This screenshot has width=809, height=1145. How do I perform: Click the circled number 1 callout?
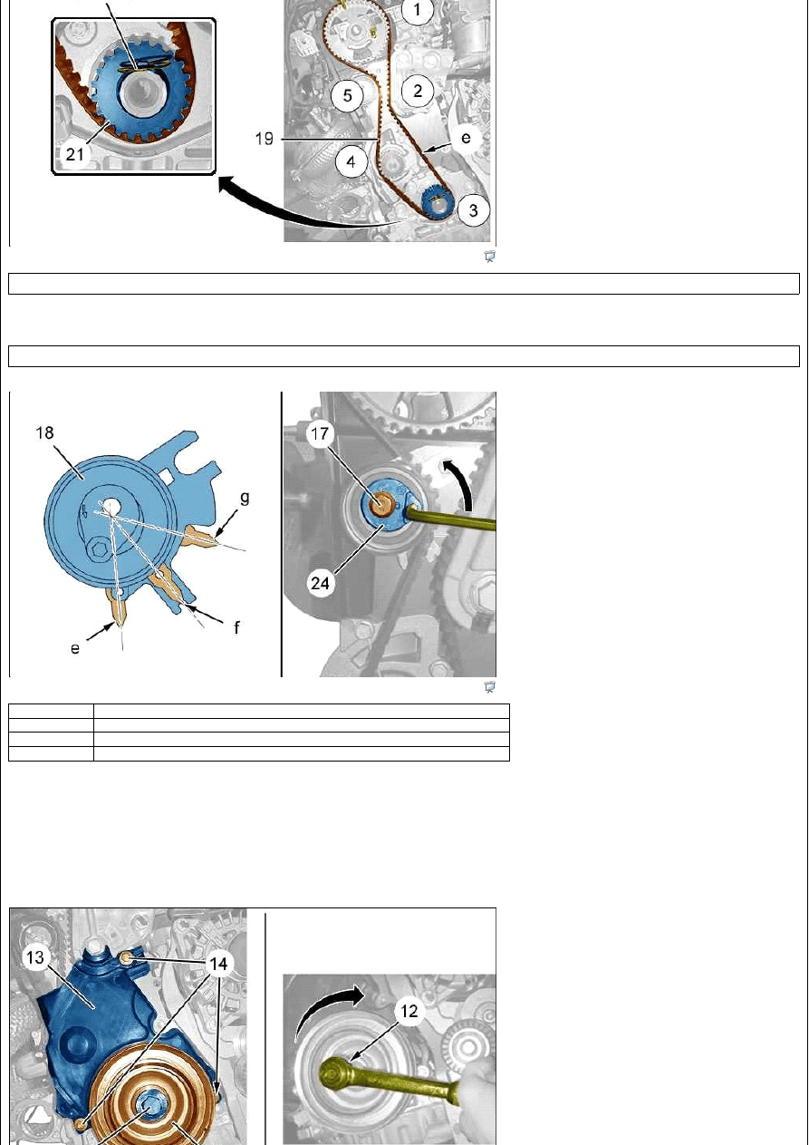click(417, 10)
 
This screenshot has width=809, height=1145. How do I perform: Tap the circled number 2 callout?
click(418, 91)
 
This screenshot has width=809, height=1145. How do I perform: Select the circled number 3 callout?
click(474, 209)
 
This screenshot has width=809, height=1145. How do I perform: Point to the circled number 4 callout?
click(351, 162)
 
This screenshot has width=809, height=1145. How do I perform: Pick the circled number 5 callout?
click(347, 95)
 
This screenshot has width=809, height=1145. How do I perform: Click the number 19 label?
click(265, 139)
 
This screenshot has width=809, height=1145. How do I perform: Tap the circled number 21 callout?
click(75, 154)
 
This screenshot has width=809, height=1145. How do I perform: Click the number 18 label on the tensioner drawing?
click(44, 433)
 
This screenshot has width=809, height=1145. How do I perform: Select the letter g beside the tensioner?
click(245, 498)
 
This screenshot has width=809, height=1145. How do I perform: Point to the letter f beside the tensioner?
click(236, 626)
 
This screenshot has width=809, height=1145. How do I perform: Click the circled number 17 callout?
click(320, 434)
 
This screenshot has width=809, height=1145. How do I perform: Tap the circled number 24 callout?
click(320, 583)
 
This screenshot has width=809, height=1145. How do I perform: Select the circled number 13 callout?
click(35, 957)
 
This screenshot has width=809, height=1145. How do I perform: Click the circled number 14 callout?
click(218, 964)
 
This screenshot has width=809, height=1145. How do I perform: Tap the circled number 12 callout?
click(409, 1011)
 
